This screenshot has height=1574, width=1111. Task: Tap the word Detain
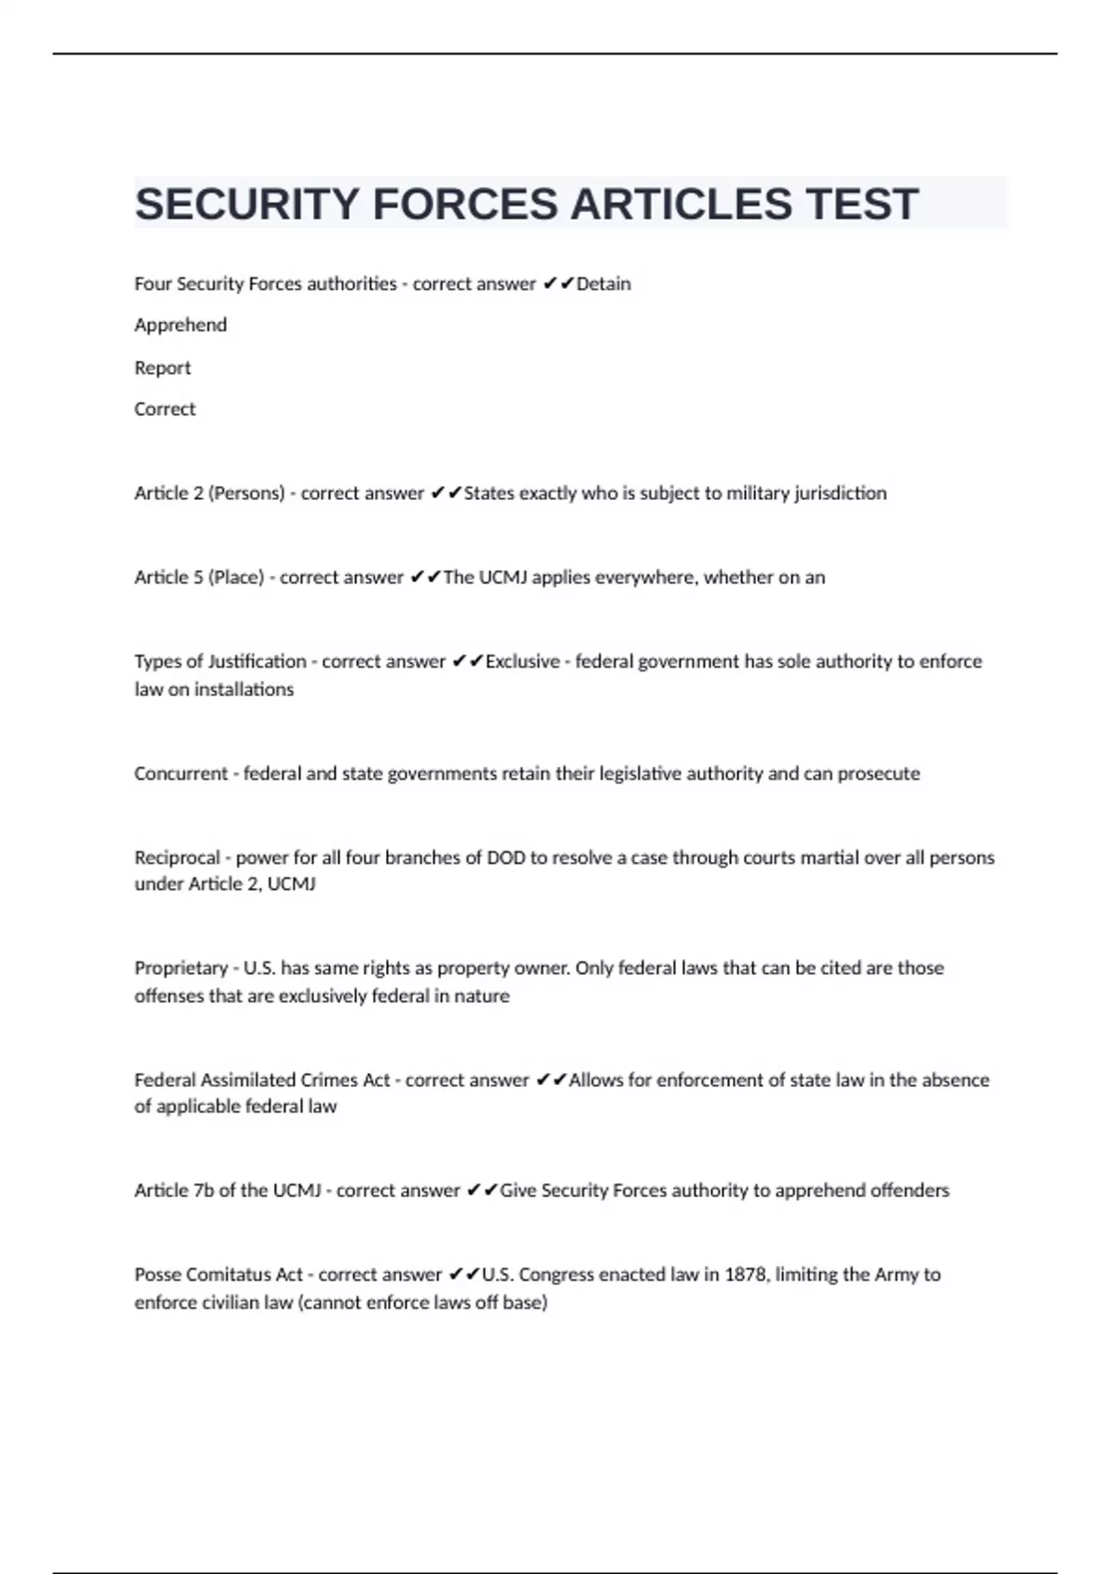point(604,283)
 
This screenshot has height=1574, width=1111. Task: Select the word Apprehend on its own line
point(181,325)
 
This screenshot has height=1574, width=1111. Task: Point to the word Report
point(163,368)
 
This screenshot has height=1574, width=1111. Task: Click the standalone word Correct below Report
point(165,409)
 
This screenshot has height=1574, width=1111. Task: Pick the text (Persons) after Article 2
point(246,493)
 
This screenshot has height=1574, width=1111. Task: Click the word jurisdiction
point(840,493)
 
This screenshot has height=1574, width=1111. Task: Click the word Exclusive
point(523,661)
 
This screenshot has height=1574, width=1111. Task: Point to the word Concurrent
point(181,773)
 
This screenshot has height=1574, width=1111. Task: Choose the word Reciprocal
point(177,857)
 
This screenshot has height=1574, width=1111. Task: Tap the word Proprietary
point(181,968)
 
